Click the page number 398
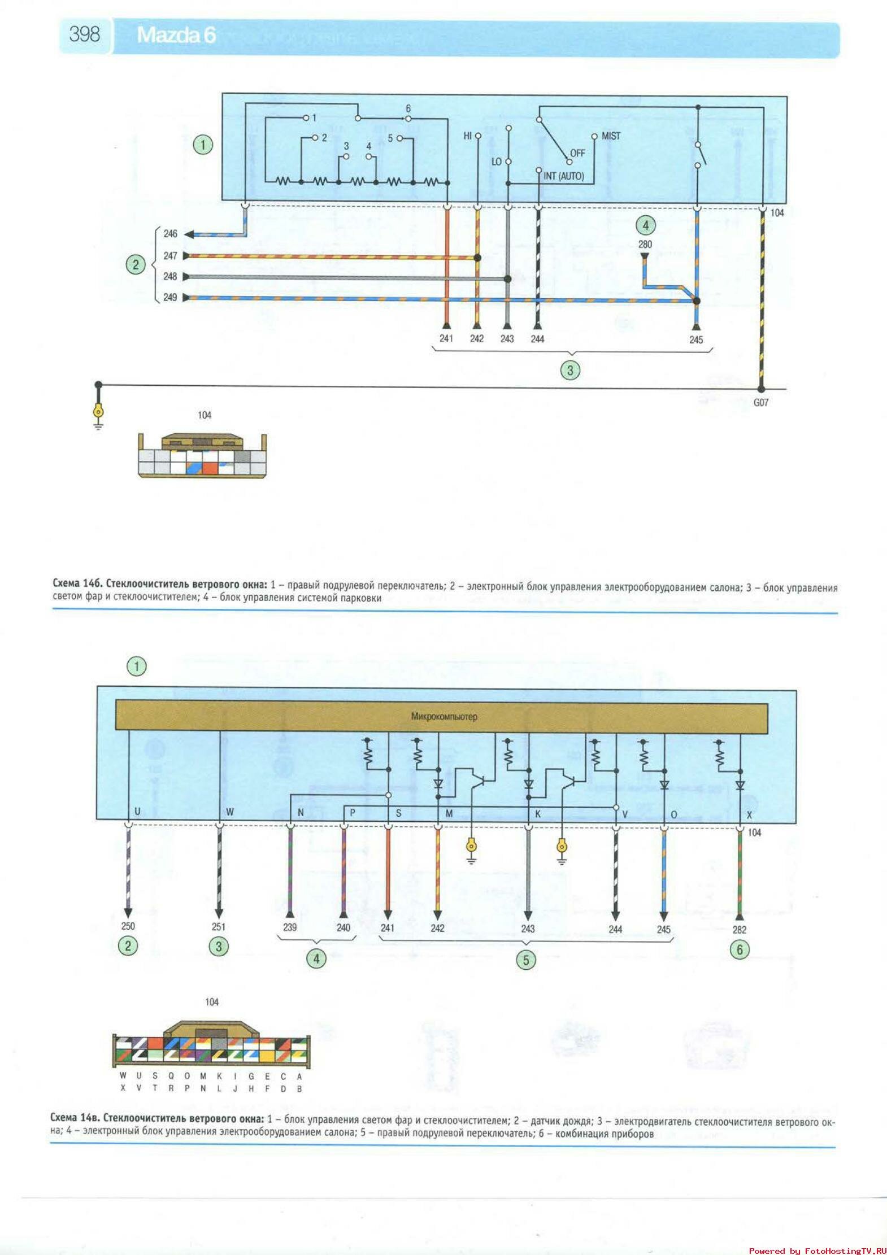point(85,34)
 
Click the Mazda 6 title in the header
point(176,35)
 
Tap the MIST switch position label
point(611,136)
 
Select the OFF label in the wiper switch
point(577,153)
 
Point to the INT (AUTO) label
point(563,176)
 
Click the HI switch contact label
point(467,136)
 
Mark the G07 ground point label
point(760,403)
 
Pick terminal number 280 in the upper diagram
point(645,245)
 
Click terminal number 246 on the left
point(170,233)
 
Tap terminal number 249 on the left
point(170,297)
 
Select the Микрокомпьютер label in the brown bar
point(444,717)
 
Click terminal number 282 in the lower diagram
point(739,930)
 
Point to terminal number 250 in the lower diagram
point(128,926)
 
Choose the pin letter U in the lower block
point(137,811)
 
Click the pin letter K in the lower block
point(538,814)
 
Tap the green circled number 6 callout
point(740,949)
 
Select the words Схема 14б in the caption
point(77,583)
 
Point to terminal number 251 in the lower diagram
point(218,926)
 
